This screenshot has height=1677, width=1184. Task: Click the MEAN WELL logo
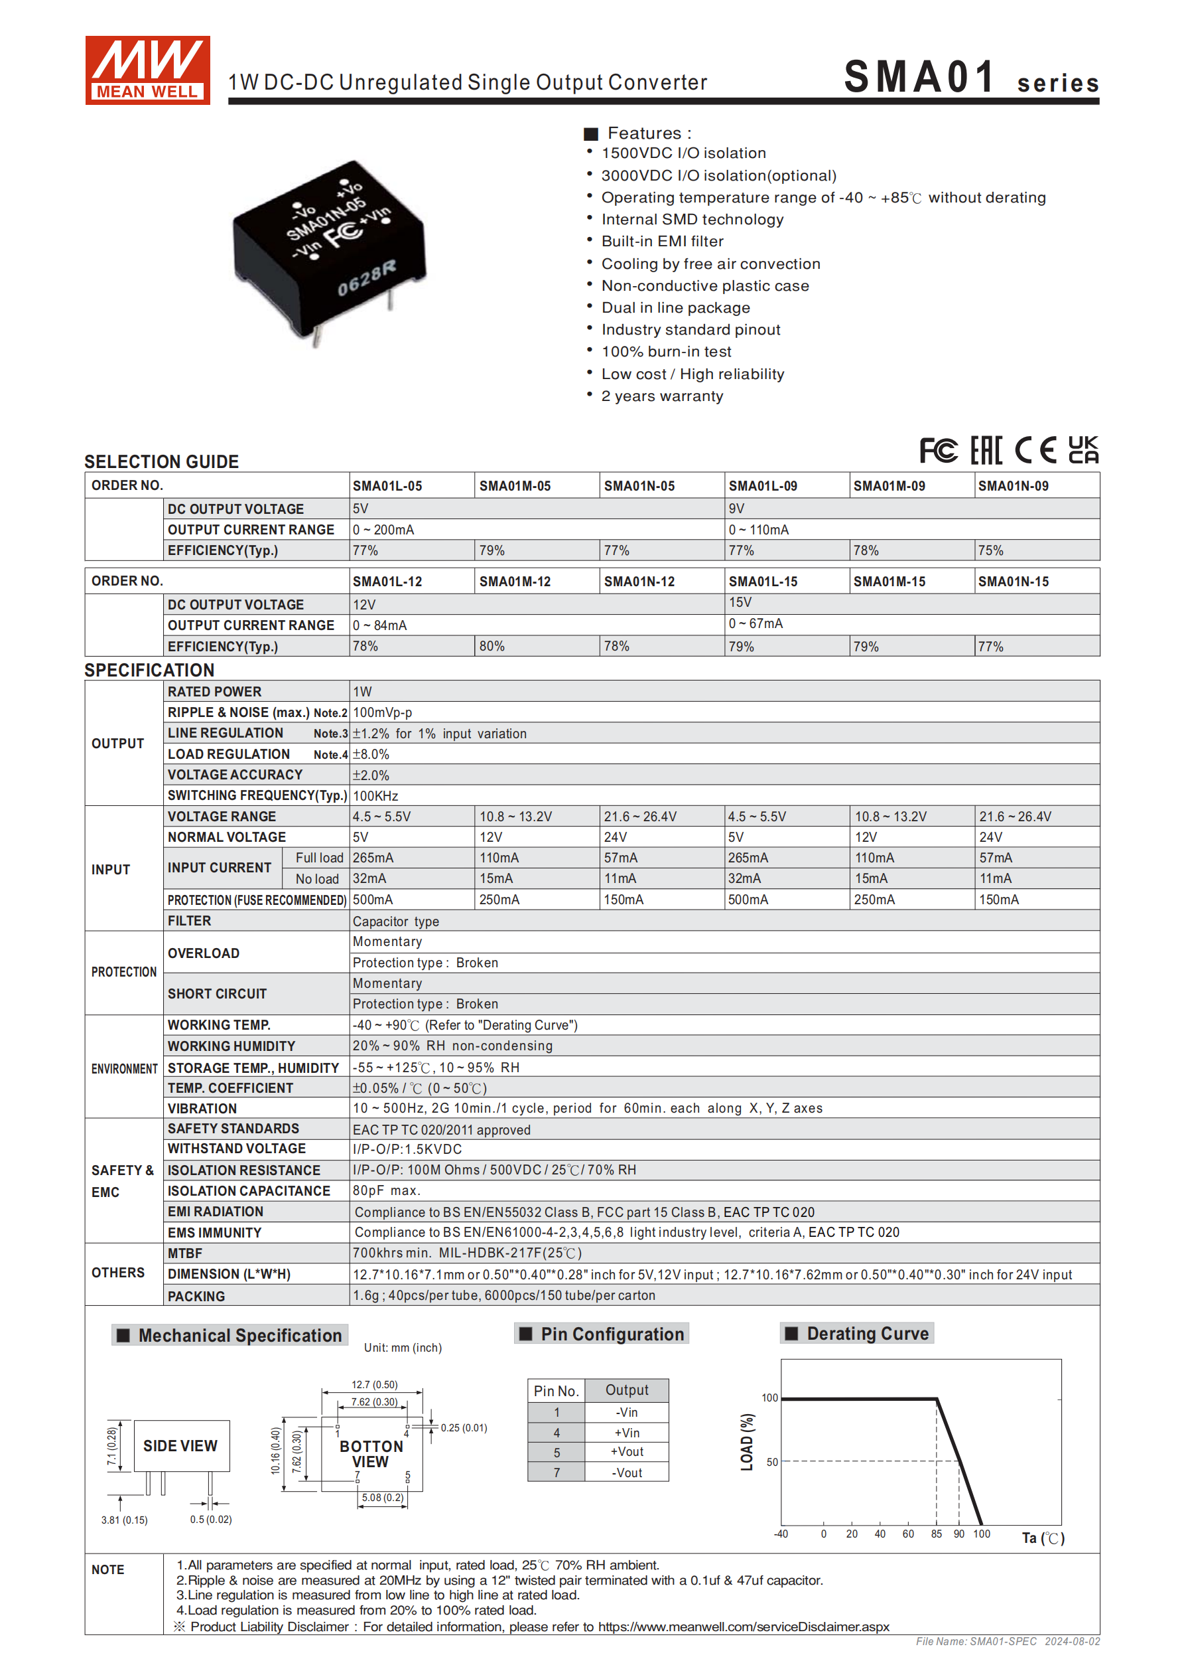(147, 70)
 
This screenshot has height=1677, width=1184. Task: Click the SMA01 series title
(970, 77)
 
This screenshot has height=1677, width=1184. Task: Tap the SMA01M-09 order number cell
(889, 486)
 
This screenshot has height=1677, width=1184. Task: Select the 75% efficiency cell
(990, 551)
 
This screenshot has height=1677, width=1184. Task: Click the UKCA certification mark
(1083, 450)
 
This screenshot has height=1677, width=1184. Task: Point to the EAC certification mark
(986, 450)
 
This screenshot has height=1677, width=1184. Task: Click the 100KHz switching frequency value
(375, 795)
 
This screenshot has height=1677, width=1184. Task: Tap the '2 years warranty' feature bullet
(661, 396)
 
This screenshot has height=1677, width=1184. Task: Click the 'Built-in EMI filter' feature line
(662, 241)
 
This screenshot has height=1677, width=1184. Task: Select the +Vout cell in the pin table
(627, 1451)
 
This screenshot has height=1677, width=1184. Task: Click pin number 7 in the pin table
(557, 1473)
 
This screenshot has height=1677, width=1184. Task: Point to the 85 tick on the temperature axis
(936, 1534)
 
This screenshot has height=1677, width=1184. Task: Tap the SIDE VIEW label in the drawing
(180, 1445)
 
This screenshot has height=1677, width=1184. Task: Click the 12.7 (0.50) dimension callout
(375, 1384)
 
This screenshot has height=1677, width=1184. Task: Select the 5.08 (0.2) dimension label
(383, 1497)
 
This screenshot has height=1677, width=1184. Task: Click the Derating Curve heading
(867, 1334)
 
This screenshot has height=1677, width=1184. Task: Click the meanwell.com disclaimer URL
(743, 1627)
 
